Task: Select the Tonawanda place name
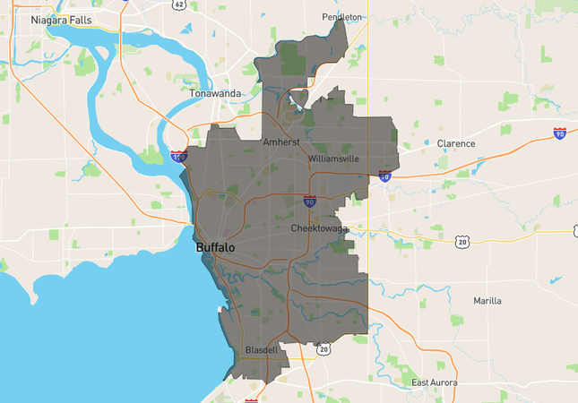point(215,92)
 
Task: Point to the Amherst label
point(280,141)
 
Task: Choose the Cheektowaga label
point(325,228)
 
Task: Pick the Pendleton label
point(342,17)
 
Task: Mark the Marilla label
point(487,301)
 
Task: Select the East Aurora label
point(435,383)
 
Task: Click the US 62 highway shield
point(180,4)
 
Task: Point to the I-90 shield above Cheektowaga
point(309,201)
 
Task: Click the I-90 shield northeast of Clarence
point(559,133)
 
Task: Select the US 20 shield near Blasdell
point(324,348)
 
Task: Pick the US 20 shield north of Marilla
point(462,242)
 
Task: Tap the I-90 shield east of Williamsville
point(384,176)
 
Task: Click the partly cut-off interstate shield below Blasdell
point(252,399)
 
